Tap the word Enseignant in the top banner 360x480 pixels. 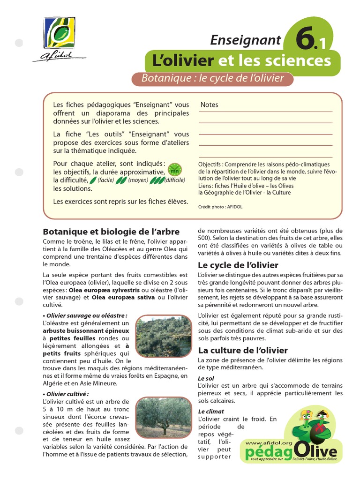coord(246,40)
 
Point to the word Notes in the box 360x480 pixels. coord(209,105)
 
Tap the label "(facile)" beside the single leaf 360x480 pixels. coord(106,180)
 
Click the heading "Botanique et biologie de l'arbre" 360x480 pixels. coord(111,232)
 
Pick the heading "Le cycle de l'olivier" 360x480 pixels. coord(238,265)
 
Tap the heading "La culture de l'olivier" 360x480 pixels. coord(243,350)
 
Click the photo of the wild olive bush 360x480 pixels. coord(164,336)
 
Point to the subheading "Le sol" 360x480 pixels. coord(206,378)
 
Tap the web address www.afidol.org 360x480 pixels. coord(269,442)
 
